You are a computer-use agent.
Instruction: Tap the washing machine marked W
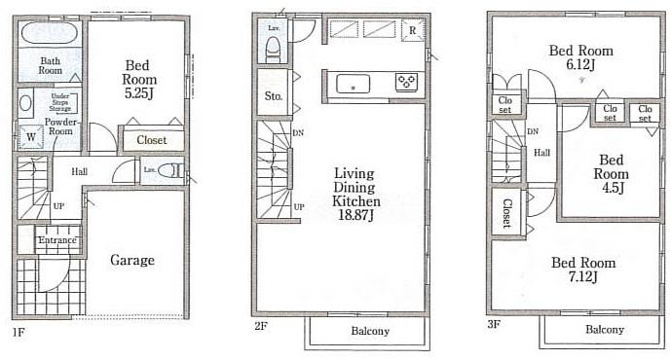[30, 137]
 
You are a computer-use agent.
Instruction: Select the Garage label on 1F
[131, 260]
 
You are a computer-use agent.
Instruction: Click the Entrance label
[56, 240]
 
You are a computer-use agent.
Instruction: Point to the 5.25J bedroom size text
[139, 95]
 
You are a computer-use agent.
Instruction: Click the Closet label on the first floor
[151, 140]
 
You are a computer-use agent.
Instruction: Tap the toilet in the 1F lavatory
[171, 170]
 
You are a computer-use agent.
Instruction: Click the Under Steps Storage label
[58, 102]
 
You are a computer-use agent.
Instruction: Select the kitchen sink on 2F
[349, 85]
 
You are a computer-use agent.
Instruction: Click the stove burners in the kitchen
[406, 84]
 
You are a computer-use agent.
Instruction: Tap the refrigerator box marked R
[413, 30]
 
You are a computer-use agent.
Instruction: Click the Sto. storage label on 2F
[273, 96]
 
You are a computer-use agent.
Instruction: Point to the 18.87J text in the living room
[355, 216]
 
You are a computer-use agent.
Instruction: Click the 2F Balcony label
[369, 331]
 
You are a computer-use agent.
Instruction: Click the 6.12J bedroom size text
[580, 65]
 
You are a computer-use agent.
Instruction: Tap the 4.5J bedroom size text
[611, 190]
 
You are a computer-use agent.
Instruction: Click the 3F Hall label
[541, 152]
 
